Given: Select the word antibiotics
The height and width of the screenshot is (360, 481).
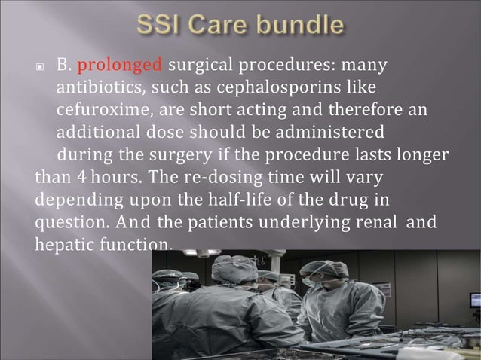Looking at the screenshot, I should pos(103,88).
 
